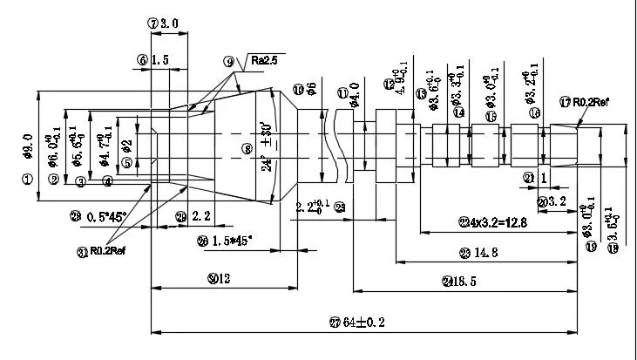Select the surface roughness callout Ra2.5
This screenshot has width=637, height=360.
[264, 62]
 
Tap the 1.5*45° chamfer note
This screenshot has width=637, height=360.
[230, 240]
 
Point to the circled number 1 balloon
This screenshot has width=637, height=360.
[27, 179]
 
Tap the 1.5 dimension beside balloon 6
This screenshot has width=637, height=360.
[159, 60]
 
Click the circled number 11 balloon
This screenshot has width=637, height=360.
[342, 93]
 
